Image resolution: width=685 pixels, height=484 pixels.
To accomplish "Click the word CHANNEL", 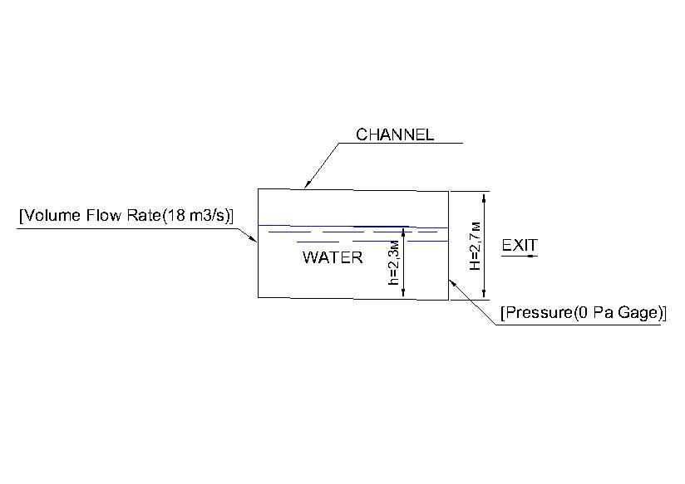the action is click(395, 134).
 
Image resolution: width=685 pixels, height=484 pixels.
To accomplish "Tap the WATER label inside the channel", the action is click(333, 257).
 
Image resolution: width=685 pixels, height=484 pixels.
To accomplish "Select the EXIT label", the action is click(520, 245).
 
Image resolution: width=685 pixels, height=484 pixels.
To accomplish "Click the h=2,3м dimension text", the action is click(394, 262).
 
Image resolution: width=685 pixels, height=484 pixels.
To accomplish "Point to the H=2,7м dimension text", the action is click(475, 246).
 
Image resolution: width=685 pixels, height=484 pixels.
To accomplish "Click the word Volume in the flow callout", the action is click(52, 216).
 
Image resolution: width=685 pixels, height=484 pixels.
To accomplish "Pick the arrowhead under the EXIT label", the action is click(532, 256).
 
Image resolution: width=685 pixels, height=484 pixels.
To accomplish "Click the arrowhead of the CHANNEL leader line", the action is click(307, 184).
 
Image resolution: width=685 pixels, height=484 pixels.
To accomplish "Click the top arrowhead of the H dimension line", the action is click(484, 198).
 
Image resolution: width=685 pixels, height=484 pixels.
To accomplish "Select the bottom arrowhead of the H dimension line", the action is click(484, 294).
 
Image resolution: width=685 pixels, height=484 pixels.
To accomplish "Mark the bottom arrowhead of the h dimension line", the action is click(403, 292).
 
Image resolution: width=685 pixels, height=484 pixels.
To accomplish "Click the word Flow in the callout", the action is click(103, 216).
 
